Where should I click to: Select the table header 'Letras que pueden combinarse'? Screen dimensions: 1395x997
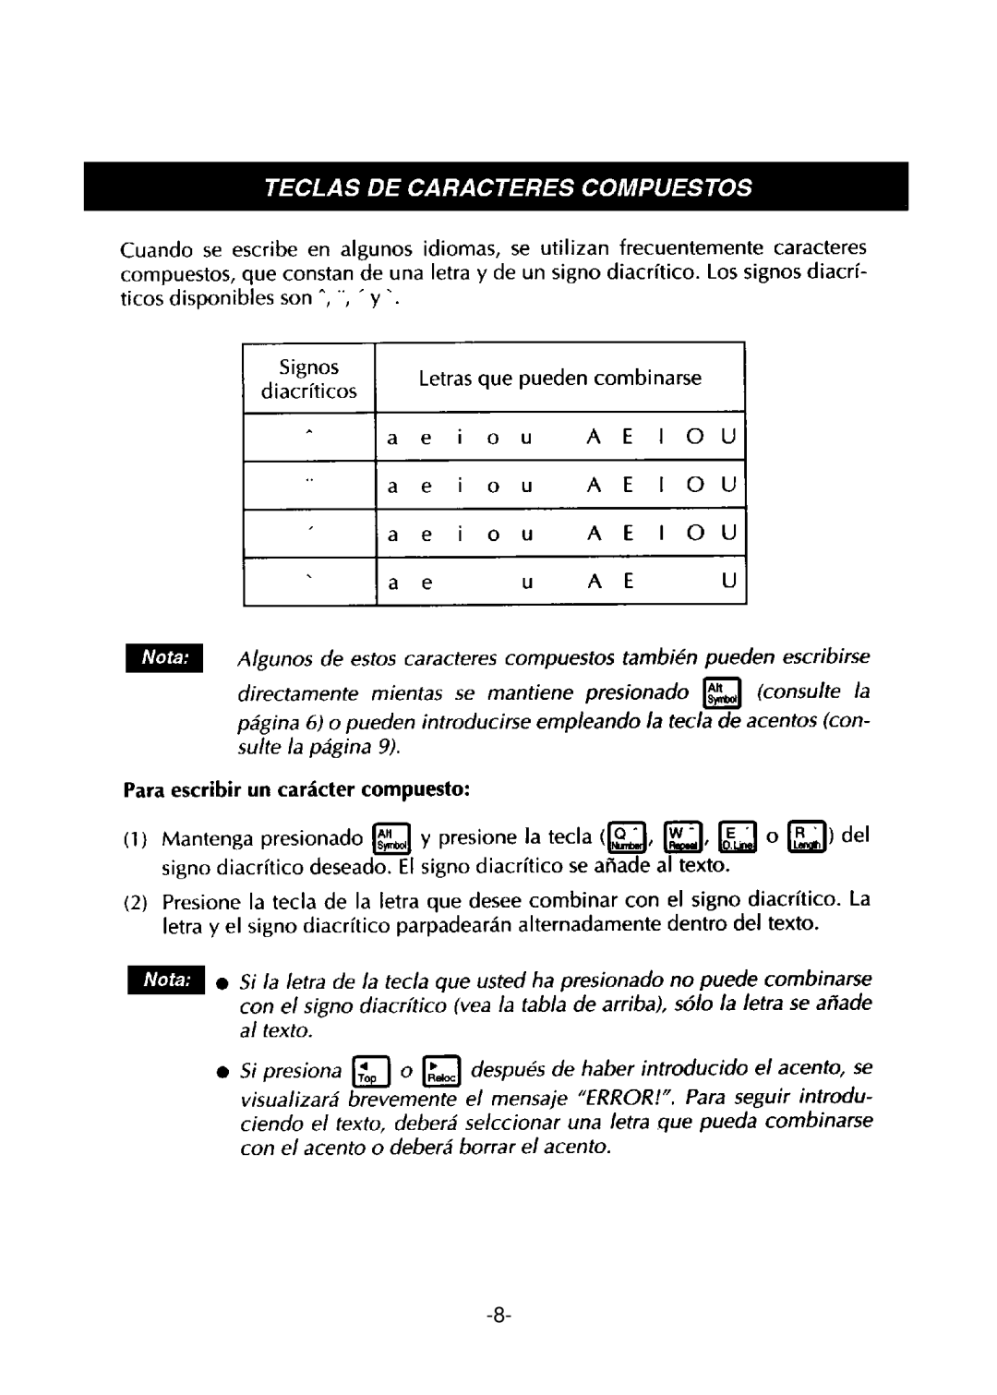[x=559, y=378]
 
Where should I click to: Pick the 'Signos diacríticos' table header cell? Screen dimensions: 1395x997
[x=309, y=378]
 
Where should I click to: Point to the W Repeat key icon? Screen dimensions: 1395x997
[x=684, y=837]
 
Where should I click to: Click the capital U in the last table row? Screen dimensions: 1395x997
[x=727, y=583]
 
